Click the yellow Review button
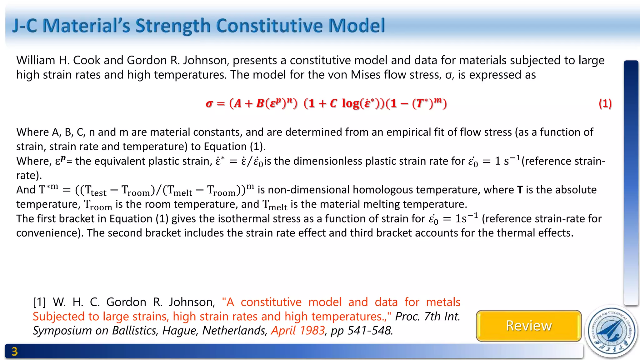[x=528, y=326]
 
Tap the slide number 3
[x=14, y=352]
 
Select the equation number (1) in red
[x=605, y=103]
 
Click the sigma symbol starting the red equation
[x=209, y=103]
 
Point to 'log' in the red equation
[x=350, y=103]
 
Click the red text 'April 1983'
[x=298, y=330]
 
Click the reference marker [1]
[x=39, y=302]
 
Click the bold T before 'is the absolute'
[x=520, y=190]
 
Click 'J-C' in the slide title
[x=24, y=26]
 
